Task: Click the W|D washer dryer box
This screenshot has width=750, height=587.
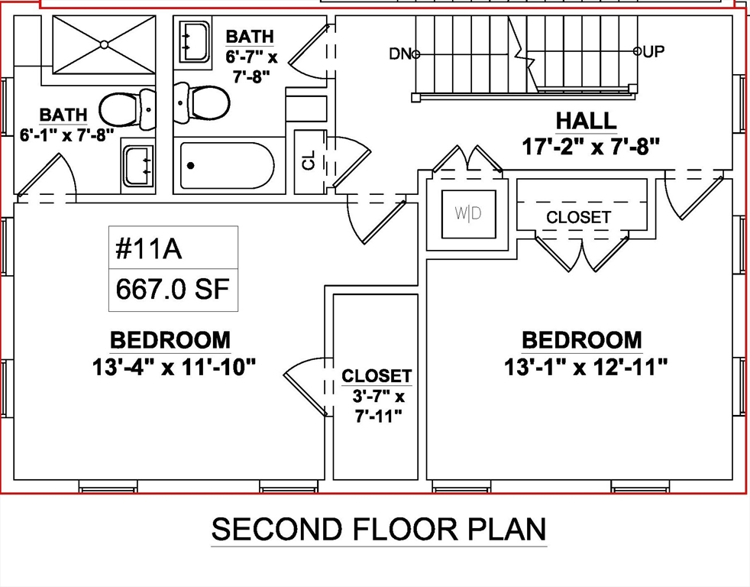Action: (x=469, y=213)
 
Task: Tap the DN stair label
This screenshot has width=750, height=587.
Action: (x=400, y=54)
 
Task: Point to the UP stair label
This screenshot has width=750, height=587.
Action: (x=653, y=51)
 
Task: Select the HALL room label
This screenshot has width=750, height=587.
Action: (x=586, y=121)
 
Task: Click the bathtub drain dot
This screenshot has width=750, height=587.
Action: (x=191, y=166)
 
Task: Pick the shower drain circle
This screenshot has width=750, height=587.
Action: (x=105, y=44)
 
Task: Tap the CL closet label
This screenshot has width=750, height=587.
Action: (x=309, y=160)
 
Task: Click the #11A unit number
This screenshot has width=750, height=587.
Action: (x=149, y=249)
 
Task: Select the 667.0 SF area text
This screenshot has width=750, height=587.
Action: (x=173, y=289)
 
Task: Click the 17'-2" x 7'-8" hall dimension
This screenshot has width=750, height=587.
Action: (x=590, y=147)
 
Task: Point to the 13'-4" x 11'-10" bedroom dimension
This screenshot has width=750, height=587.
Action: (x=174, y=368)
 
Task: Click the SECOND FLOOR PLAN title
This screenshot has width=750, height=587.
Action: (x=379, y=529)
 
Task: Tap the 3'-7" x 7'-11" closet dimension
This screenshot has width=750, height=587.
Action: (x=378, y=407)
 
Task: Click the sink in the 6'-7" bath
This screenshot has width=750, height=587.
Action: (x=195, y=42)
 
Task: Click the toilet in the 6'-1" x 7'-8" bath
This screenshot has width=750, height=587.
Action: (x=128, y=109)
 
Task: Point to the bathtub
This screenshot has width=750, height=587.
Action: (x=227, y=166)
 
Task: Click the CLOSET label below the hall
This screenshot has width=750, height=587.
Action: (x=578, y=217)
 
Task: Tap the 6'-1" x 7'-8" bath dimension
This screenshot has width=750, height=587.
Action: (x=66, y=135)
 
